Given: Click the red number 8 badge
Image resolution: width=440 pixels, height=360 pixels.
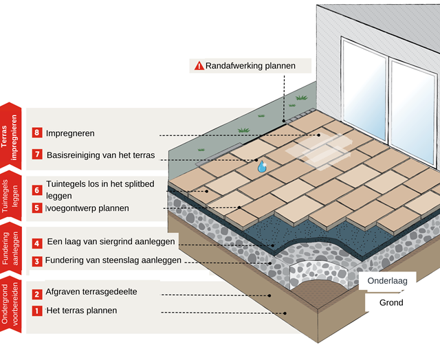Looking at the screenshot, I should tap(37, 133).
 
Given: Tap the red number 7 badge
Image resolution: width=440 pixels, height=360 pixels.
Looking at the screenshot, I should tap(37, 155).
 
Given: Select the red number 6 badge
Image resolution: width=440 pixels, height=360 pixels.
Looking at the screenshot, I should tap(37, 190).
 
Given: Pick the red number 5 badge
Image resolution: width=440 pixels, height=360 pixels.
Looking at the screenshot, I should tap(37, 207).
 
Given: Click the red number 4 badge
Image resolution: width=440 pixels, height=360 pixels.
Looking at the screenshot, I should tap(37, 243).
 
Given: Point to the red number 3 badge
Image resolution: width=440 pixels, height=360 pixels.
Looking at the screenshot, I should tap(37, 261).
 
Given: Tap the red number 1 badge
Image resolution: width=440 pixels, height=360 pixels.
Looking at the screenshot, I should tap(37, 311).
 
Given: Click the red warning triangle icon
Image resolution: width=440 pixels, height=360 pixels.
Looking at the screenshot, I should tap(199, 66).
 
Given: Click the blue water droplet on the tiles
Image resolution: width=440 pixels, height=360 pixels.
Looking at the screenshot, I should tap(262, 166).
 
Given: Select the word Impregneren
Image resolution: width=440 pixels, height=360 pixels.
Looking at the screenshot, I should tap(70, 133).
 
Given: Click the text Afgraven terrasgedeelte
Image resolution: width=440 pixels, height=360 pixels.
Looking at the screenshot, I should tap(91, 292).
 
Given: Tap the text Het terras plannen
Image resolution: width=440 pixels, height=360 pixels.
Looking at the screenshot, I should tap(81, 311).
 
